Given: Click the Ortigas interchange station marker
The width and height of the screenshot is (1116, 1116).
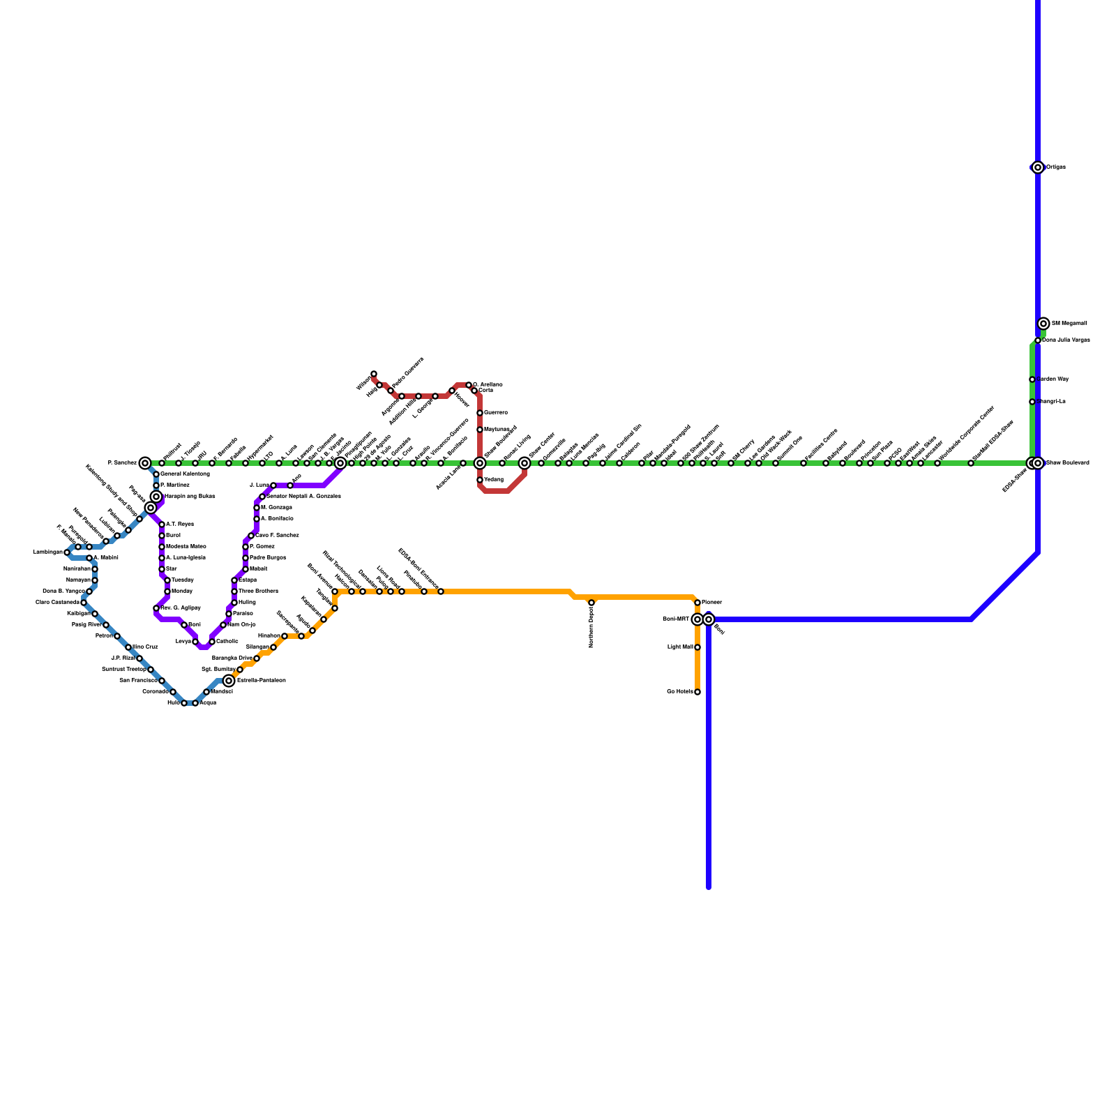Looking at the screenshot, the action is pos(1038,167).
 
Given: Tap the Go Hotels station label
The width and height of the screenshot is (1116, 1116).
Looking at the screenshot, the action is pos(679,692).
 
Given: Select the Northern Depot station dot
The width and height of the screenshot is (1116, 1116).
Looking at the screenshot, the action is pos(591,603).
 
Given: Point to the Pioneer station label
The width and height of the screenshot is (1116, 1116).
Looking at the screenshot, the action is pos(712,602).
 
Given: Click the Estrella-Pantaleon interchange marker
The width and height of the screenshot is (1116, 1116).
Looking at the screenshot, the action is pos(229,681).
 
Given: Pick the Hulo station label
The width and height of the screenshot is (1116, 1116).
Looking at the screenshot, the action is pos(174,703).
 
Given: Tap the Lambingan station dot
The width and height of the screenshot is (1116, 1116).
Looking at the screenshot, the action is pos(67,552).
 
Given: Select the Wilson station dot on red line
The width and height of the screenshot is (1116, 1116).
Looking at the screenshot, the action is pos(374,375).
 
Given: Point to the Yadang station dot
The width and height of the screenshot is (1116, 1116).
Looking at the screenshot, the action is pos(480,480).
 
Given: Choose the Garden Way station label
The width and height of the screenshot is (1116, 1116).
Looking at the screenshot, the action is pos(1053,379).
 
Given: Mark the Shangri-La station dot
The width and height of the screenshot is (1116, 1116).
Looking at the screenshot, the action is pos(1032,402).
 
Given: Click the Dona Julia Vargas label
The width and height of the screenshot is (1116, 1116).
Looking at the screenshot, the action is pos(1066,340).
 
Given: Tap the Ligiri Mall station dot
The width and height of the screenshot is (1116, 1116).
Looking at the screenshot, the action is pos(697,647).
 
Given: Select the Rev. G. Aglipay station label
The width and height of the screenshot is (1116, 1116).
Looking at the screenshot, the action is pos(181,608).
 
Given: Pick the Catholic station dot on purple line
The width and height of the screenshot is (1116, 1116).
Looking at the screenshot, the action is pos(212,642).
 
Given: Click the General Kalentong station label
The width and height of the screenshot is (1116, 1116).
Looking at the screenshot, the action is pos(185,474).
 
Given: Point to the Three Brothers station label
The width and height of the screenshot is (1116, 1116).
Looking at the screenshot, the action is pos(258,591).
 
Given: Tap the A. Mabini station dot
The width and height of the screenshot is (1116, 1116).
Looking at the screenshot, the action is pos(89,558).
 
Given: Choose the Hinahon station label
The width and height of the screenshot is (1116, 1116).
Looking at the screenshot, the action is pos(269,636).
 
